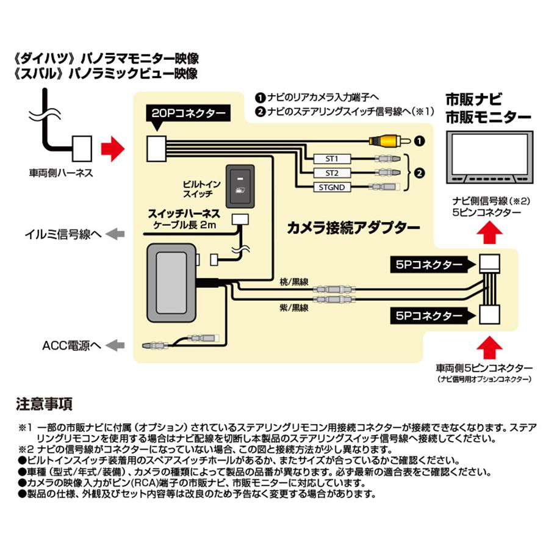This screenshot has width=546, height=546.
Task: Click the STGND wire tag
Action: [x=332, y=187]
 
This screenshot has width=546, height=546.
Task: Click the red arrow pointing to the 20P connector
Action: [x=111, y=146]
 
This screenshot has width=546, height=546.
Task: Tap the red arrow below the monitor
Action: [x=492, y=233]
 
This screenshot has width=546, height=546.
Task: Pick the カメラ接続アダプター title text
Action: [x=354, y=228]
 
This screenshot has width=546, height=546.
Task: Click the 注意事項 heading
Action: [x=44, y=403]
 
